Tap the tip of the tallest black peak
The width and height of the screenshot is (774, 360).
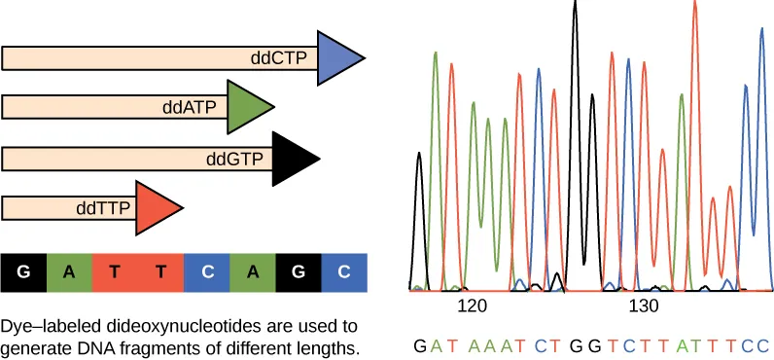point(576,3)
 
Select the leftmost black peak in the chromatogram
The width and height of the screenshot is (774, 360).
point(419,156)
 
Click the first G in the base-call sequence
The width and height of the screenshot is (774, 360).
point(420,344)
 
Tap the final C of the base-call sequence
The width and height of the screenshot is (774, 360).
point(764,344)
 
